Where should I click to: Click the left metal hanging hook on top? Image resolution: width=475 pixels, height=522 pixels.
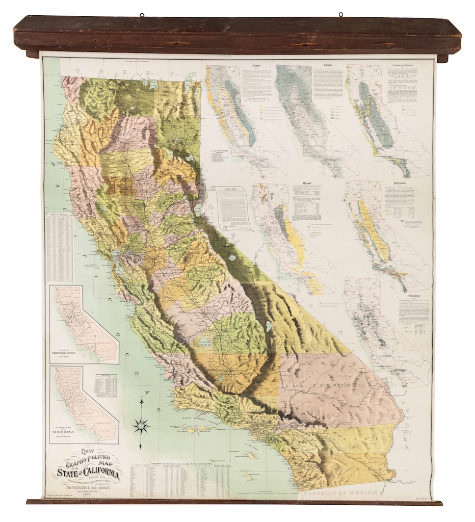click(x=142, y=14)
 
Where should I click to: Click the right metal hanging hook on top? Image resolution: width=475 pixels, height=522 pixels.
click(x=340, y=14)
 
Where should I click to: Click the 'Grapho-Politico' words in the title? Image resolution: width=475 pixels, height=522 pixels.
click(x=89, y=457)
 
